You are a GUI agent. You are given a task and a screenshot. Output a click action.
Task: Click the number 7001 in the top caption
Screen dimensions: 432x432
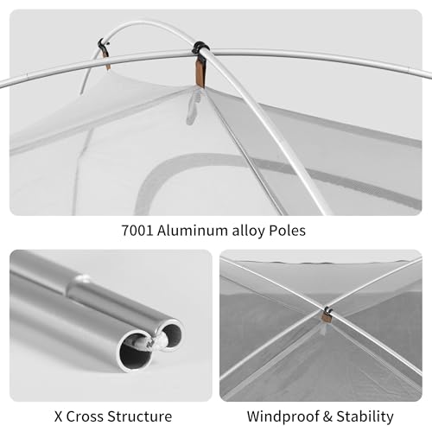(137, 231)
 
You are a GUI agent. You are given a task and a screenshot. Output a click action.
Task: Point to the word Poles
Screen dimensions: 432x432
(287, 231)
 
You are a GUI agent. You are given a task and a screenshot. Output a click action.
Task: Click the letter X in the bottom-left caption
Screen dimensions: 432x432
(58, 416)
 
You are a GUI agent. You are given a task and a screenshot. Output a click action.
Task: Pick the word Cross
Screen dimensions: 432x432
(85, 416)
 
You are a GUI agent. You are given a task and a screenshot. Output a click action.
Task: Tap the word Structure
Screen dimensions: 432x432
(140, 416)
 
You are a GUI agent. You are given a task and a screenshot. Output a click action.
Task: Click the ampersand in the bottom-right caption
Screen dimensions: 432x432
(327, 416)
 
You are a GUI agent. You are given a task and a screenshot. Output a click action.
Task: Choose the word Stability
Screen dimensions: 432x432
(365, 416)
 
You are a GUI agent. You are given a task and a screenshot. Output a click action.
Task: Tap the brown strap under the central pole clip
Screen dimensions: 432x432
(200, 73)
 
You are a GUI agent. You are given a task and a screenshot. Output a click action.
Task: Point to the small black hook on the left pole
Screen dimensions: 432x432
(103, 45)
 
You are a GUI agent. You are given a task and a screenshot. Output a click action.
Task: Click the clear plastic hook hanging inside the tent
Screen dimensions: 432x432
(193, 105)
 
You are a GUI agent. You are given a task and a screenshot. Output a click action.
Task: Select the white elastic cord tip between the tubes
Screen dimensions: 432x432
(156, 343)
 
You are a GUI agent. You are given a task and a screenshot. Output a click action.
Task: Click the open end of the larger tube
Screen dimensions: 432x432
(137, 352)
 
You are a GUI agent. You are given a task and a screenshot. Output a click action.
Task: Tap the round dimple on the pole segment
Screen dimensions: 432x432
(84, 278)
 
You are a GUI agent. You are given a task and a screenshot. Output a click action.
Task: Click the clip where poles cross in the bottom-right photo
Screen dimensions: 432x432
(327, 310)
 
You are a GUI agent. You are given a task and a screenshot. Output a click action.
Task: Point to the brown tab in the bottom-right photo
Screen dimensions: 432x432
(327, 318)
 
